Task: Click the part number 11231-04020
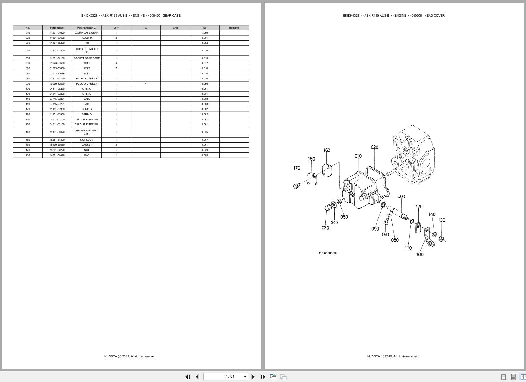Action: pos(57,33)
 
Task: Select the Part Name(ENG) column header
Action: pos(87,28)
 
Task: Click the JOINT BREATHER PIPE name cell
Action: pos(87,50)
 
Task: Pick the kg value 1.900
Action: pos(205,33)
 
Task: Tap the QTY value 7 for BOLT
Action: pos(116,68)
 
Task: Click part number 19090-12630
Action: pos(57,84)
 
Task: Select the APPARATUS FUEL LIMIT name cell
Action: pos(87,132)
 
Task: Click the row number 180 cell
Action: pos(28,155)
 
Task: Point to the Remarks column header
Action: pos(234,28)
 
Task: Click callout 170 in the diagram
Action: pos(296,168)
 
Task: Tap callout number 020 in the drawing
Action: pos(374,147)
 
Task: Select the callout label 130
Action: pos(441,220)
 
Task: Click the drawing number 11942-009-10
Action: pos(328,253)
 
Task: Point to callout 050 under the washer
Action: pos(344,217)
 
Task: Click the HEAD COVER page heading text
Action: pos(434,15)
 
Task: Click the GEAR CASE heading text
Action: pos(171,15)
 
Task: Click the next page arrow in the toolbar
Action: pos(253,377)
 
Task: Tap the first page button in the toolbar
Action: pos(187,377)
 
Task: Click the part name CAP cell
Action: pos(87,155)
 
